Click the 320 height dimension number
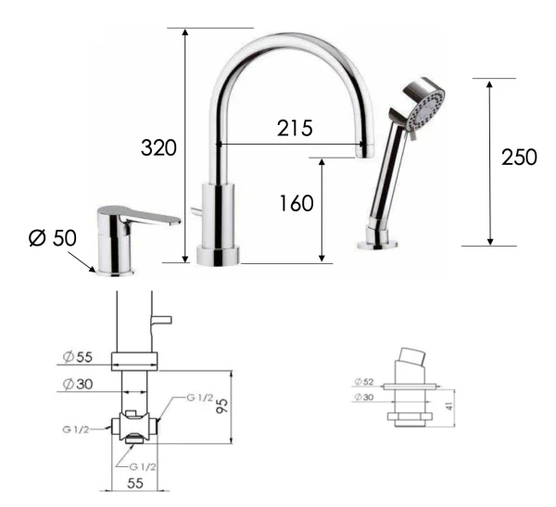(x=158, y=147)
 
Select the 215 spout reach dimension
(x=295, y=128)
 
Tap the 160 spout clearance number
(x=297, y=203)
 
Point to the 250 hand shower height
(x=519, y=158)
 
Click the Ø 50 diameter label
(x=53, y=237)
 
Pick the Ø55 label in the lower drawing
(x=77, y=357)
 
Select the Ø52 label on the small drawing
(x=364, y=382)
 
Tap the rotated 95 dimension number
(x=221, y=405)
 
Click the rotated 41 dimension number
(x=449, y=406)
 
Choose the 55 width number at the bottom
(x=134, y=483)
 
